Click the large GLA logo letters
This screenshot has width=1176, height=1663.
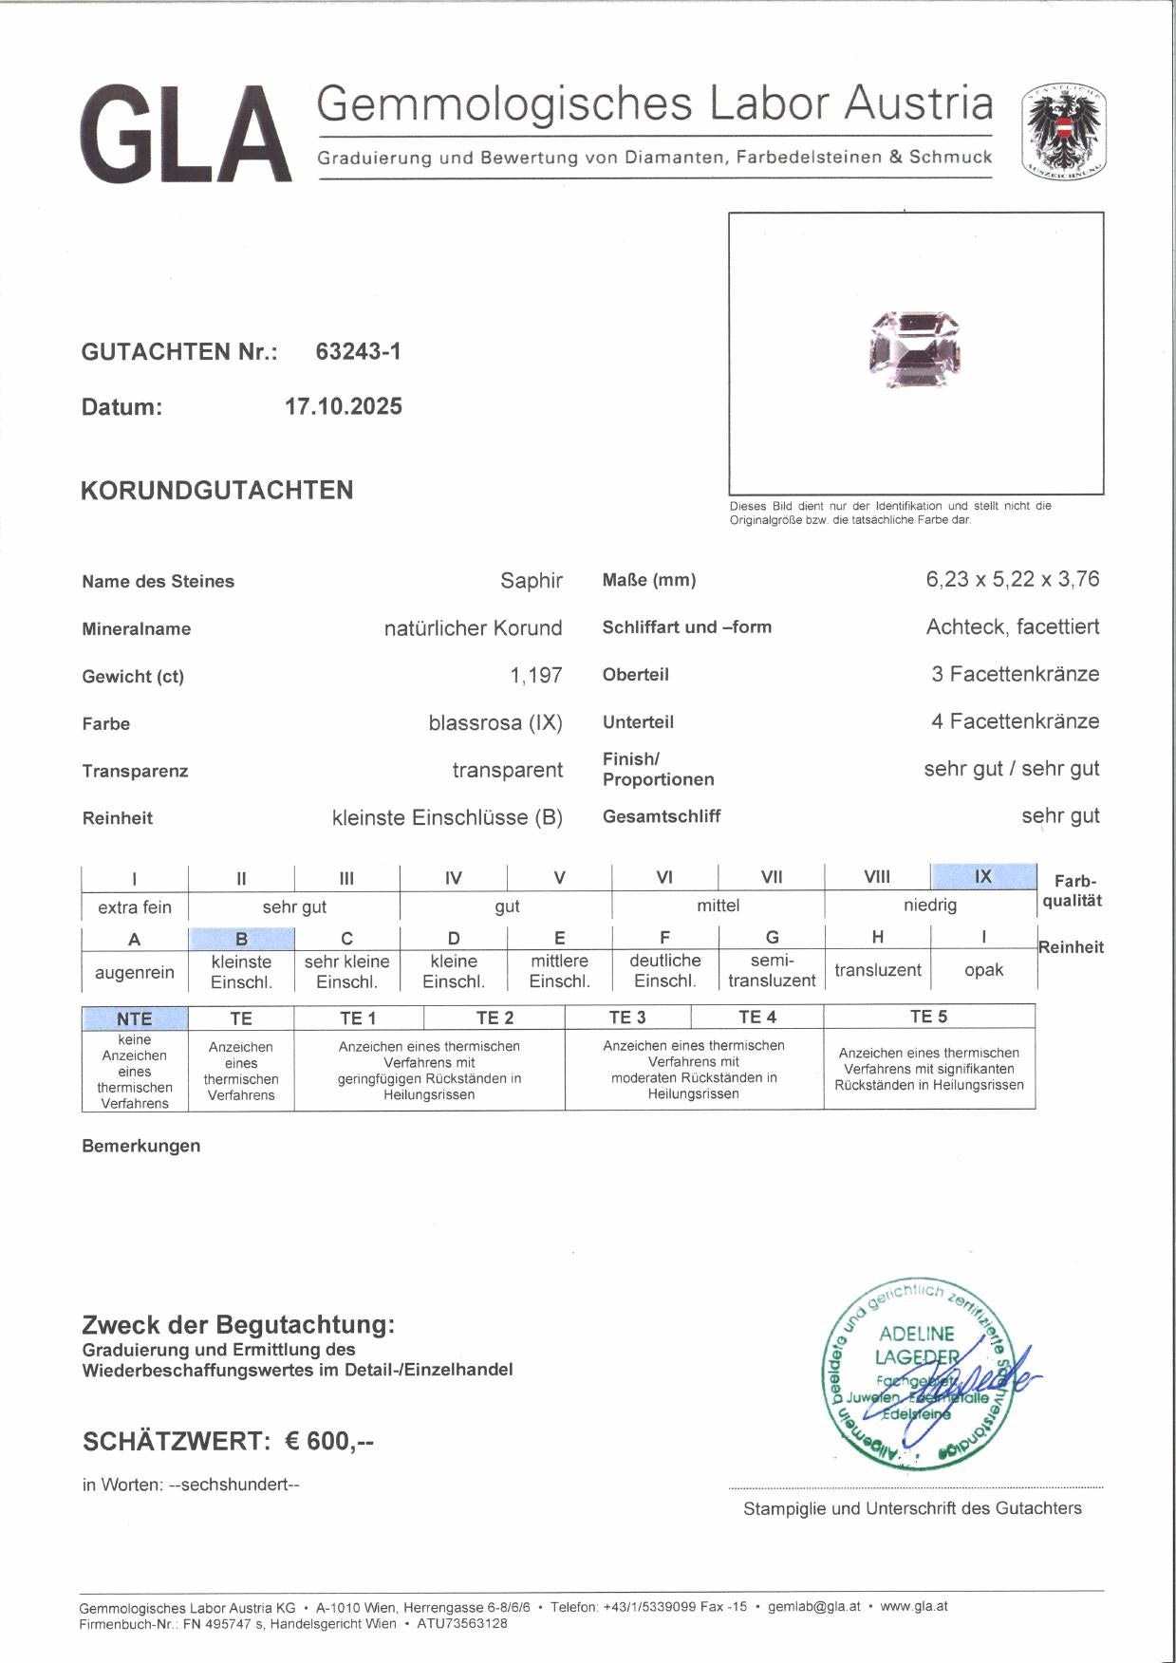click(186, 134)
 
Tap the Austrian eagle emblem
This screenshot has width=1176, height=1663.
click(1064, 133)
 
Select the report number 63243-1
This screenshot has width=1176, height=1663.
click(358, 352)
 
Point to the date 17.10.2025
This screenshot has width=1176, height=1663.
click(344, 407)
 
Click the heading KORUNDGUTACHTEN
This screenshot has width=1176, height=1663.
click(217, 491)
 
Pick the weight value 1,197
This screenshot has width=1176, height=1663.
click(535, 676)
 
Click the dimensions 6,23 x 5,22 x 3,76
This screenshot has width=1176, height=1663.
click(1012, 579)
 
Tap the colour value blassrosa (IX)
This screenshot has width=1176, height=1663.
click(495, 723)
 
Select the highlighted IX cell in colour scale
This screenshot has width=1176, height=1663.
click(982, 877)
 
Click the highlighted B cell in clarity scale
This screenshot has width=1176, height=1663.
click(241, 939)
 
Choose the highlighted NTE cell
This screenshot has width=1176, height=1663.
click(135, 1018)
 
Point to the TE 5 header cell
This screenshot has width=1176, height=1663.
click(928, 1017)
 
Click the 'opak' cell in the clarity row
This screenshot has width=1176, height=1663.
click(983, 970)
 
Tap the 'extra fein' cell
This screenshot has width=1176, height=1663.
click(135, 906)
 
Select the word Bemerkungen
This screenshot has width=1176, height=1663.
click(141, 1146)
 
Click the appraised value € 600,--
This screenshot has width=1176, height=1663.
click(329, 1442)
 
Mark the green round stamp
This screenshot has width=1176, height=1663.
click(917, 1373)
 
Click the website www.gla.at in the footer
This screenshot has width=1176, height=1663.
click(913, 1607)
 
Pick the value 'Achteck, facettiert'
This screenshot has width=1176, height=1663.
click(1012, 626)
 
